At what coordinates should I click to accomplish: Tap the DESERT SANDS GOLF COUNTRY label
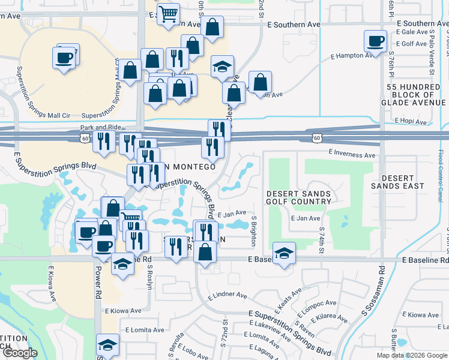point(299,197)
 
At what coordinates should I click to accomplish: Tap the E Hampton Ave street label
point(355,56)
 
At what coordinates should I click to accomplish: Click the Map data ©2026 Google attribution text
point(412,355)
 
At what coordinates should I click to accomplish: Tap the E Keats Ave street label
point(286,301)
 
